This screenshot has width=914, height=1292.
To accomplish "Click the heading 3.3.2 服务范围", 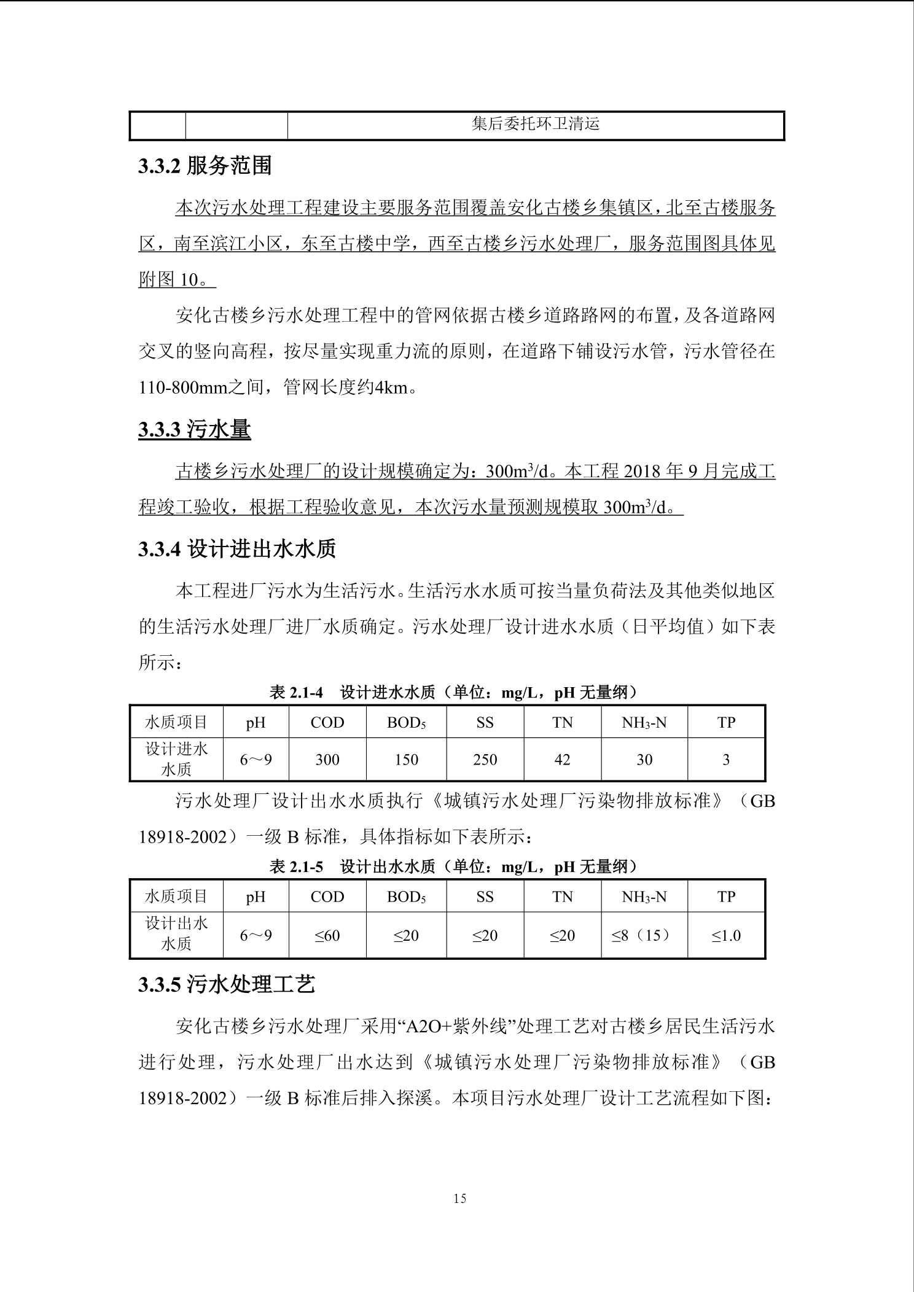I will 205,166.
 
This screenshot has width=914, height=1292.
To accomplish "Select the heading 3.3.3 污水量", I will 194,429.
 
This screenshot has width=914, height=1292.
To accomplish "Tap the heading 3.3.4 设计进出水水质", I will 237,549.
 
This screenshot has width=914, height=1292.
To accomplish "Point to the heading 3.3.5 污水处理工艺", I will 226,985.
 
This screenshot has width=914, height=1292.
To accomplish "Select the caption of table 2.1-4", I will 454,693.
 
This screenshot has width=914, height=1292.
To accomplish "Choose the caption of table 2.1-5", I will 454,866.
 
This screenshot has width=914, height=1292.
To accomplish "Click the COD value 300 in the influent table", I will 327,760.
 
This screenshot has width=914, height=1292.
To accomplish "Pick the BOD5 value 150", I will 406,760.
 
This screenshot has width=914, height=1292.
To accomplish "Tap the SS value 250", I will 485,760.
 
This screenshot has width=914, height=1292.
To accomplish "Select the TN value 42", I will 562,760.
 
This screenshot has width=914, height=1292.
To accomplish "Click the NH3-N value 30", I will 644,760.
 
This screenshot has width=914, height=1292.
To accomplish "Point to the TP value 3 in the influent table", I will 726,760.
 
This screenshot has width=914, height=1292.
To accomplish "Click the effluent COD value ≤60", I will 327,935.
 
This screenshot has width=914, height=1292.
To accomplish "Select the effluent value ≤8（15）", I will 643,935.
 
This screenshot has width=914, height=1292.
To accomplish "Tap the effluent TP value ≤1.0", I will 726,935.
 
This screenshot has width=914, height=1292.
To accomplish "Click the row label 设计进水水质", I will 176,759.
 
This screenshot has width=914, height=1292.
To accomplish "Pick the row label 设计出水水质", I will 176,933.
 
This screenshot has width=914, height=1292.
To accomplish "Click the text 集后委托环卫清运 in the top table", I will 535,125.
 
